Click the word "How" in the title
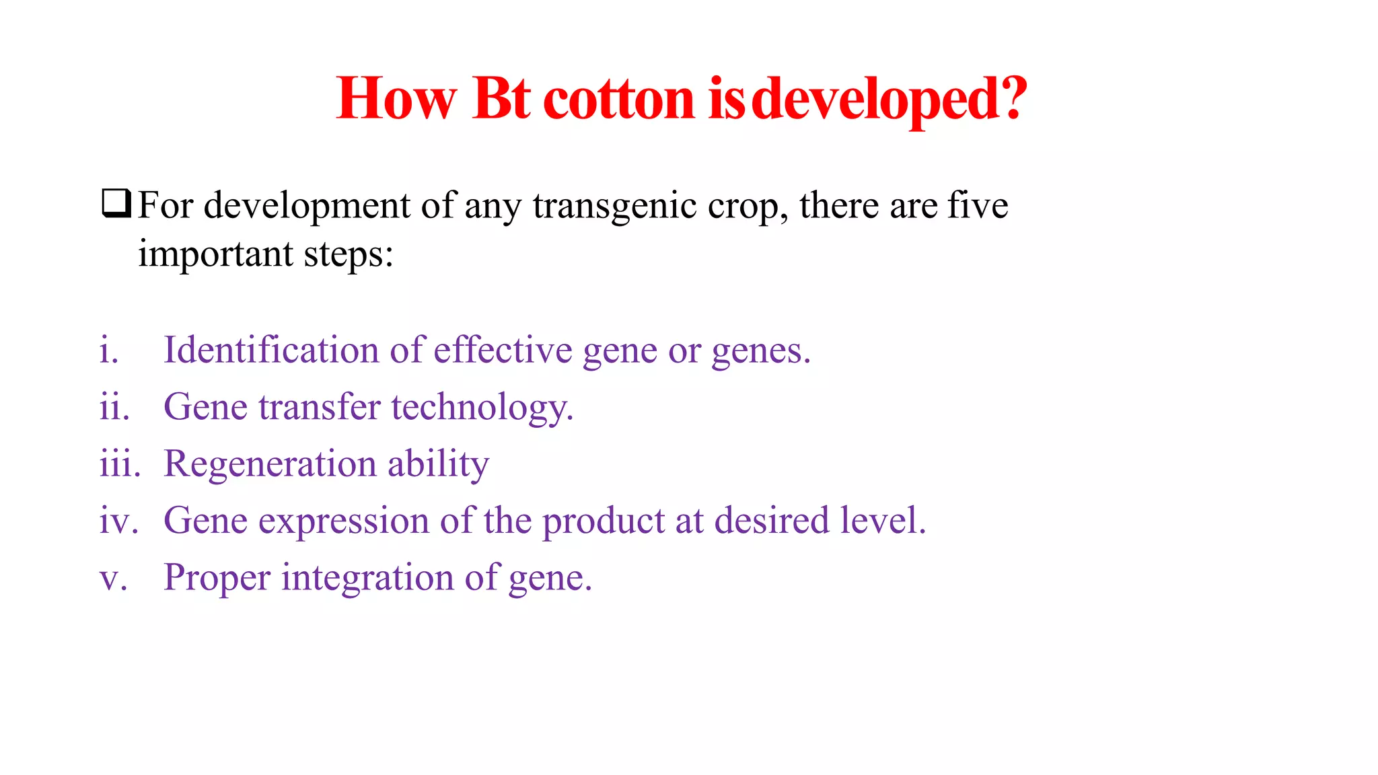tap(396, 99)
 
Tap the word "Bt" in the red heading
tap(501, 99)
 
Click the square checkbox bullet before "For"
tap(116, 204)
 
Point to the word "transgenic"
tap(615, 206)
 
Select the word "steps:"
tap(349, 255)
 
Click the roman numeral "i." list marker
tap(109, 350)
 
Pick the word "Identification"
tap(271, 350)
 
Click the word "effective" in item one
tap(503, 350)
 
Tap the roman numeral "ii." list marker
tap(114, 407)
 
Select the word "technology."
tap(482, 408)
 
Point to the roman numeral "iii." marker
tap(120, 464)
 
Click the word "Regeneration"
tap(270, 464)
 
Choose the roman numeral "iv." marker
tap(119, 521)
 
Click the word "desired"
tap(772, 521)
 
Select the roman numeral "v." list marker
tap(113, 578)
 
